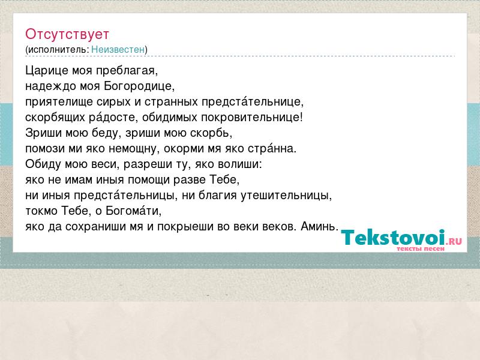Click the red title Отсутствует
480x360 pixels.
tap(67, 34)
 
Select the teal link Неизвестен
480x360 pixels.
tap(118, 49)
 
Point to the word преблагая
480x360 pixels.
tap(127, 71)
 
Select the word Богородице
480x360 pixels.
tap(139, 86)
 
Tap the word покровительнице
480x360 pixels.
tap(252, 118)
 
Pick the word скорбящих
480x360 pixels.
tap(55, 118)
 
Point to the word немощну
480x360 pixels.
tap(133, 149)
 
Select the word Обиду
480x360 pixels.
tap(43, 164)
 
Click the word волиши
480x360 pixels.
tap(240, 164)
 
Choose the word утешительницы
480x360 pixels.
tap(286, 196)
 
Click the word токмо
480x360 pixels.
tap(41, 211)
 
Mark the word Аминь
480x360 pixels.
tap(320, 227)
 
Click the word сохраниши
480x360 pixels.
tap(104, 227)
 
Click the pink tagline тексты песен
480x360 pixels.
tap(421, 249)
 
